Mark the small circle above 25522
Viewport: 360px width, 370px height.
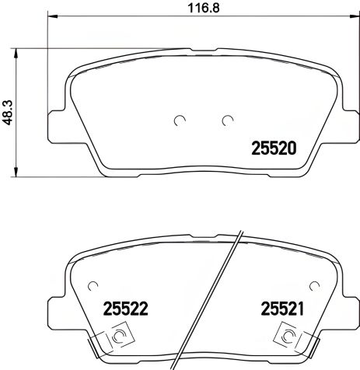click(93, 284)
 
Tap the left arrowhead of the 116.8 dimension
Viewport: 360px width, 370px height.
click(52, 19)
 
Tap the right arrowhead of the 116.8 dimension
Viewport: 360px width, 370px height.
click(354, 19)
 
